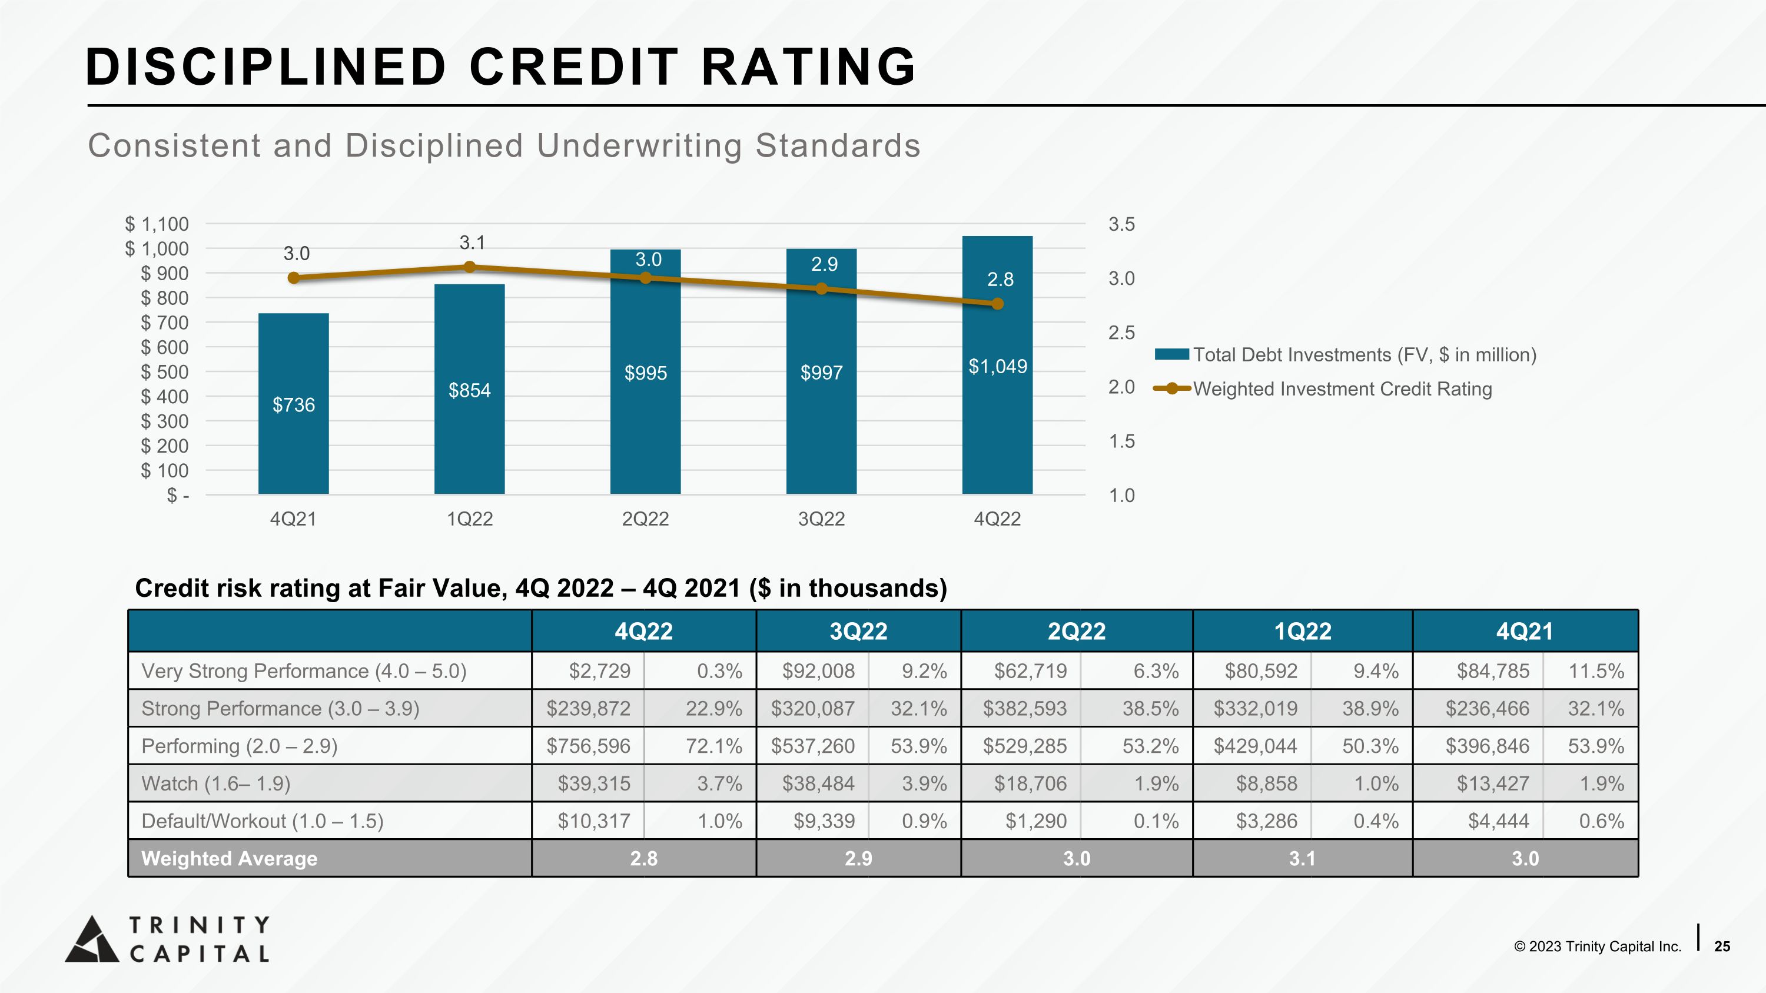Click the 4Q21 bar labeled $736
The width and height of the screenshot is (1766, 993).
pos(293,404)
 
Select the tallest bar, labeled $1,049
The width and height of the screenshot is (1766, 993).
pos(997,364)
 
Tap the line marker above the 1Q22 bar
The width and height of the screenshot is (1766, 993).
pos(470,267)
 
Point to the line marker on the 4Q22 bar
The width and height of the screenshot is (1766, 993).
pos(997,304)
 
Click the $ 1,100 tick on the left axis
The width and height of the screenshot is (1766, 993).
pos(157,224)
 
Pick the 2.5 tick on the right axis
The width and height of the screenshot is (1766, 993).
pos(1121,333)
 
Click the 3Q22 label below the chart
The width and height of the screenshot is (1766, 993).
pos(821,519)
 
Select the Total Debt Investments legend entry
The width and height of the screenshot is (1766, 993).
pos(1346,354)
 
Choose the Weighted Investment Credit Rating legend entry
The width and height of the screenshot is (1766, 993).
pos(1323,388)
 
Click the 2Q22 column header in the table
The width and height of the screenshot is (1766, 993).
pos(1076,631)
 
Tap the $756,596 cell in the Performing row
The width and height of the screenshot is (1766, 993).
pos(588,746)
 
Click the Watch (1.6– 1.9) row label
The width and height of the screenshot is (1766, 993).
pos(216,783)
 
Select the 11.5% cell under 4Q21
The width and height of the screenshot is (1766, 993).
pos(1596,671)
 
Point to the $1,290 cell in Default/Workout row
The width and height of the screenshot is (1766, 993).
pos(1036,821)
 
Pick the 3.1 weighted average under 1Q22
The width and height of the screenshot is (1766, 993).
pos(1302,859)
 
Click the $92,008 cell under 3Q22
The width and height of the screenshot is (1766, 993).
pos(819,671)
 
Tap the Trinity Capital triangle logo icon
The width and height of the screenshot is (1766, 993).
pos(92,939)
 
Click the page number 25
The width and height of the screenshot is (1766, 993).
pos(1722,946)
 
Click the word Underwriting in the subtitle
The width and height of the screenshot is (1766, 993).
pos(639,146)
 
